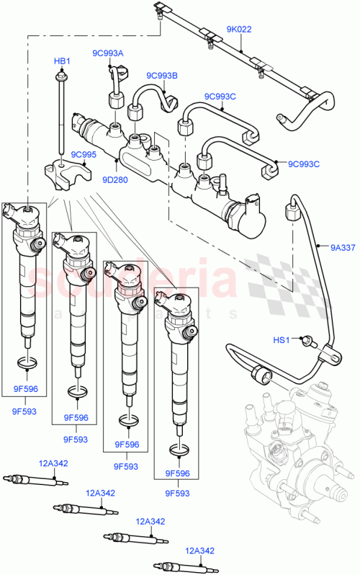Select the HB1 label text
tap(62, 62)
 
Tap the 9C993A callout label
tap(107, 53)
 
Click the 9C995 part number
tap(84, 155)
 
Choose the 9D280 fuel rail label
tap(114, 180)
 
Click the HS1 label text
tap(281, 340)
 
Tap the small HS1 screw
tap(307, 339)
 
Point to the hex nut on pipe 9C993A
tap(113, 99)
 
